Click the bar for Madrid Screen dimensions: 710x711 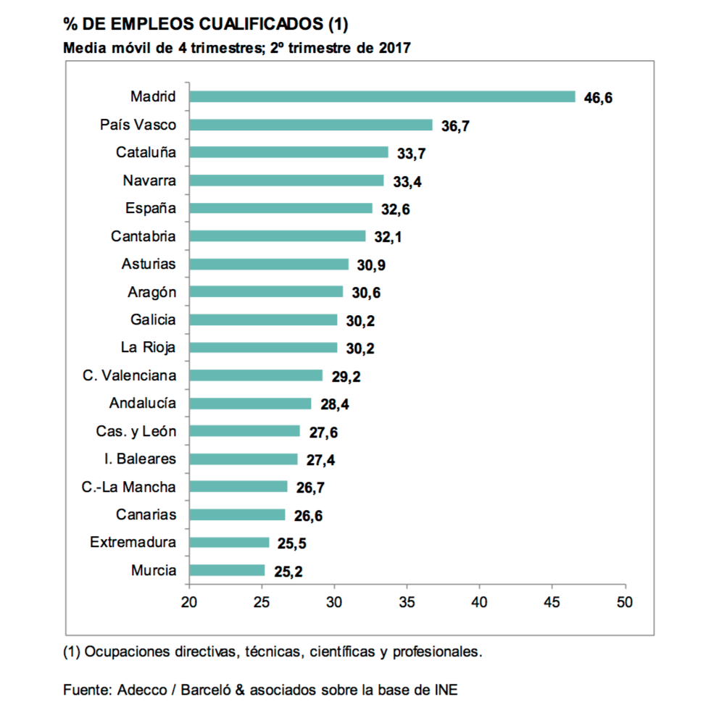click(382, 97)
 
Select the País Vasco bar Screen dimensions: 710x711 click(310, 125)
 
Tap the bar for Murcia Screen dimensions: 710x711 click(227, 570)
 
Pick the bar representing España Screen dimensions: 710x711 click(280, 209)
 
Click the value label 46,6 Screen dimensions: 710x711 click(598, 98)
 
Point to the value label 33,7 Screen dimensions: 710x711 click(412, 154)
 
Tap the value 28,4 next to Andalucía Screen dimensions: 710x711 click(334, 404)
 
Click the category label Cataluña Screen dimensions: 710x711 click(146, 153)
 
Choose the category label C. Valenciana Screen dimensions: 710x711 click(130, 375)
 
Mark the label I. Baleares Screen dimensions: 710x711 click(140, 459)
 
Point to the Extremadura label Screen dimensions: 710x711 click(133, 542)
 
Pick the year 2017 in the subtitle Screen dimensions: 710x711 click(394, 49)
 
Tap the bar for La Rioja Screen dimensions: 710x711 click(263, 348)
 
